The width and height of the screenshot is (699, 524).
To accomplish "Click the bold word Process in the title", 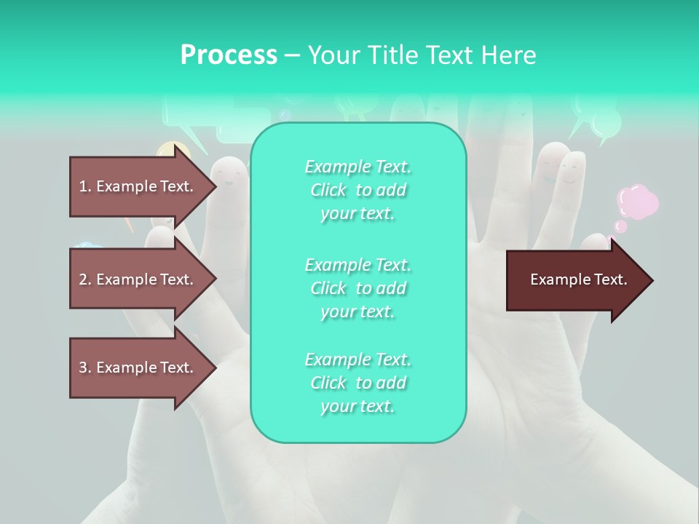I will click(229, 55).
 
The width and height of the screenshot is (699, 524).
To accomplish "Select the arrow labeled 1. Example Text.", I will click(138, 186).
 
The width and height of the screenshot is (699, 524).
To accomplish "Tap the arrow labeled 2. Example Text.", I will click(138, 279).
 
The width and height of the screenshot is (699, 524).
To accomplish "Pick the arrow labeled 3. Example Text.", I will click(138, 368).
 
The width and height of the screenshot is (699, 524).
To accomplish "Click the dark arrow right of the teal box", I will click(575, 280).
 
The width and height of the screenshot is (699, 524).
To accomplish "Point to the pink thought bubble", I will click(638, 202).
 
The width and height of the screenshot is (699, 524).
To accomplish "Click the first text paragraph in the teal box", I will click(358, 190).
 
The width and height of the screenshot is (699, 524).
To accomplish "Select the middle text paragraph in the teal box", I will click(358, 287).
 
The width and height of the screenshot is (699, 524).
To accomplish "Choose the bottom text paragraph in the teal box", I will click(358, 383).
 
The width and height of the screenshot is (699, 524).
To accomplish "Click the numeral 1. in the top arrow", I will click(84, 186).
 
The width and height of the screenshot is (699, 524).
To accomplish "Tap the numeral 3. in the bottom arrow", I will click(84, 368).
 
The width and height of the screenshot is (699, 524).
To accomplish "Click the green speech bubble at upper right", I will click(599, 120).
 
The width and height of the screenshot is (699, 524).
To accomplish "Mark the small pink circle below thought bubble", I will click(620, 226).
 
